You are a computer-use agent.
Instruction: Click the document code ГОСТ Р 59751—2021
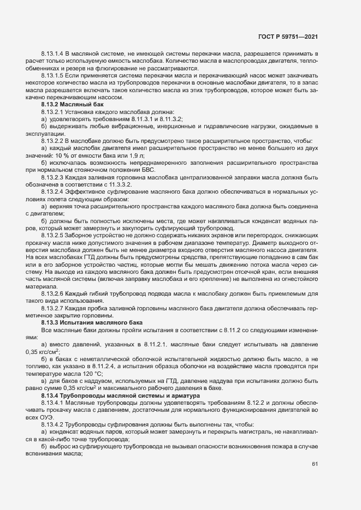pyautogui.click(x=287, y=37)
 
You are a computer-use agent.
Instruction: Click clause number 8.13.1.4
pyautogui.click(x=52, y=55)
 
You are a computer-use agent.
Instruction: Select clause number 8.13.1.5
pyautogui.click(x=52, y=76)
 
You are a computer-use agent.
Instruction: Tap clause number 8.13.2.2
pyautogui.click(x=52, y=140)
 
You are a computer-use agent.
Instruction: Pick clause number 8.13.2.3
pyautogui.click(x=52, y=176)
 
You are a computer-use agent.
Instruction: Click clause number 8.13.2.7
pyautogui.click(x=52, y=309)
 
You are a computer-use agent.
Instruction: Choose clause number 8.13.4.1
pyautogui.click(x=52, y=401)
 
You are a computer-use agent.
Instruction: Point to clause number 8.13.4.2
pyautogui.click(x=52, y=423)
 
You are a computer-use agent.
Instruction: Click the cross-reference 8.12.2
pyautogui.click(x=250, y=401)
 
